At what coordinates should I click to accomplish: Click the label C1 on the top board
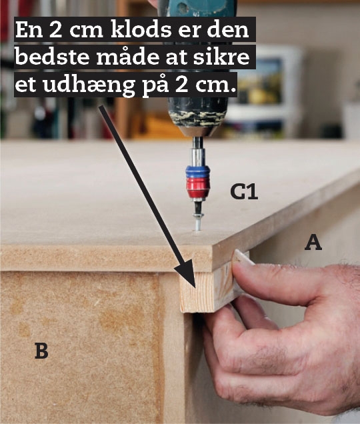click(x=244, y=192)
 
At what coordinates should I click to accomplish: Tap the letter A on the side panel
click(x=313, y=243)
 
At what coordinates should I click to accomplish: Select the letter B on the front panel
click(x=41, y=351)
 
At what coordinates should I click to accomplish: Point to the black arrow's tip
click(x=195, y=287)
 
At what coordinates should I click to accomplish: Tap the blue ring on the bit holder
click(x=198, y=171)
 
